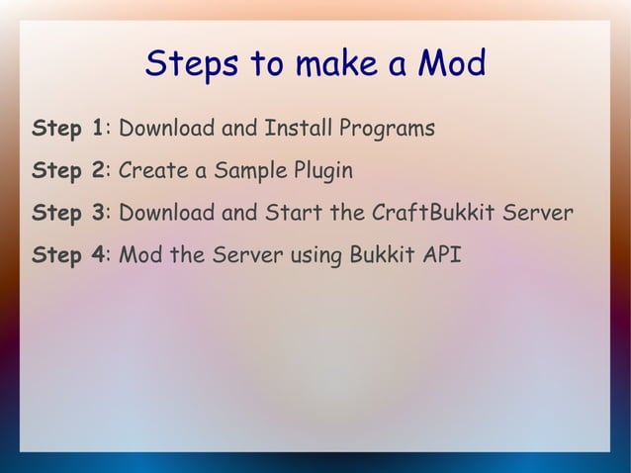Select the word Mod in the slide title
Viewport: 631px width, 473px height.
pyautogui.click(x=450, y=65)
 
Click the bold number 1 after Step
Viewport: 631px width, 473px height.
pyautogui.click(x=97, y=129)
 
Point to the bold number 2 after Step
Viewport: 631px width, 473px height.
pyautogui.click(x=97, y=171)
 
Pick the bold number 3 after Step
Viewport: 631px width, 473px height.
pyautogui.click(x=97, y=214)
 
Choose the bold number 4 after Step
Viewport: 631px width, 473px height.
pyautogui.click(x=97, y=256)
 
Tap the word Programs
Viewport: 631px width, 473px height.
pyautogui.click(x=387, y=130)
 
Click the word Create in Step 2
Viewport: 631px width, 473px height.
pyautogui.click(x=152, y=171)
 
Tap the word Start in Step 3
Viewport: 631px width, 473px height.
pyautogui.click(x=298, y=214)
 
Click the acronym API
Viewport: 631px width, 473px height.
pyautogui.click(x=442, y=256)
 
